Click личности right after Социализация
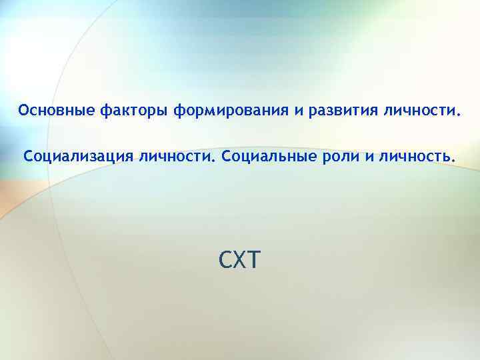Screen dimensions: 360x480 tap(177, 158)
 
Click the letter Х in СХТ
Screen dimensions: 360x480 tap(240, 258)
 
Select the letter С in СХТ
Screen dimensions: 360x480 tap(225, 258)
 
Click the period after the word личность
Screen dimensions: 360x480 tap(455, 162)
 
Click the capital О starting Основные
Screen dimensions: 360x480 tap(24, 109)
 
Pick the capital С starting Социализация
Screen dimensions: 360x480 tap(28, 158)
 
